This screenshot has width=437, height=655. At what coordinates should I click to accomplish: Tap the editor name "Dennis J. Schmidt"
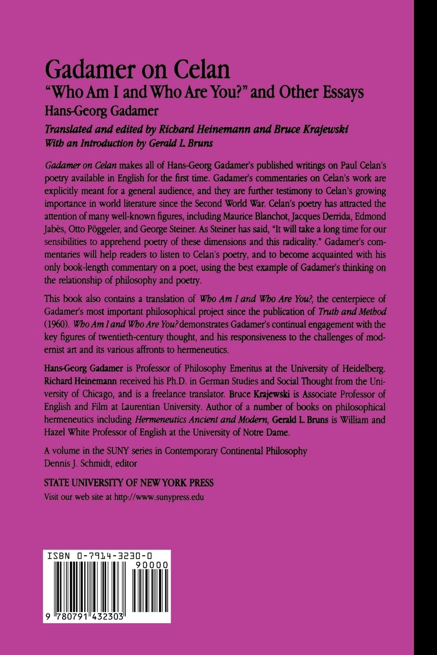point(76,464)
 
